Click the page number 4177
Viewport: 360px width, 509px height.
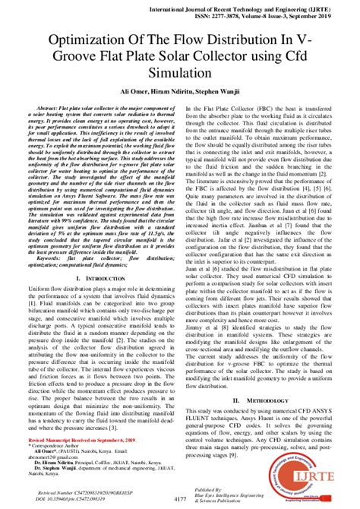pyautogui.click(x=179, y=498)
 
